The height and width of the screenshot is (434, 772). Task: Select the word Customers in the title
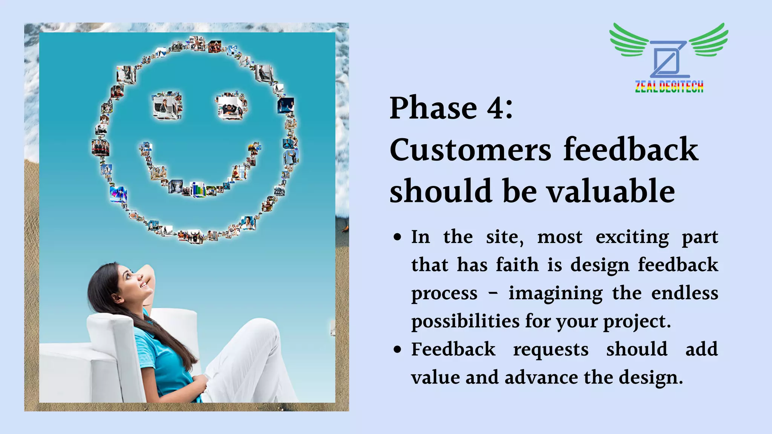(x=470, y=150)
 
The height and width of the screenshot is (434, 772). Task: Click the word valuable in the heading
(x=611, y=191)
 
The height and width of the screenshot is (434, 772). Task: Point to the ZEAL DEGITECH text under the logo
(x=669, y=87)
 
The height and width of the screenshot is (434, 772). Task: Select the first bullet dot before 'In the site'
(x=397, y=238)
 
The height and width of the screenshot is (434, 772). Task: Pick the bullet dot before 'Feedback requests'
(x=397, y=350)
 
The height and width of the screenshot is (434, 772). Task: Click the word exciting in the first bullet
(x=632, y=238)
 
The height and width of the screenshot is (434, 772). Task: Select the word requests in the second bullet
(x=550, y=350)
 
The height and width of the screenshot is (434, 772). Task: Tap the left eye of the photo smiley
(x=167, y=105)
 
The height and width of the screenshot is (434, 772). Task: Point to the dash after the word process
(x=493, y=293)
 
